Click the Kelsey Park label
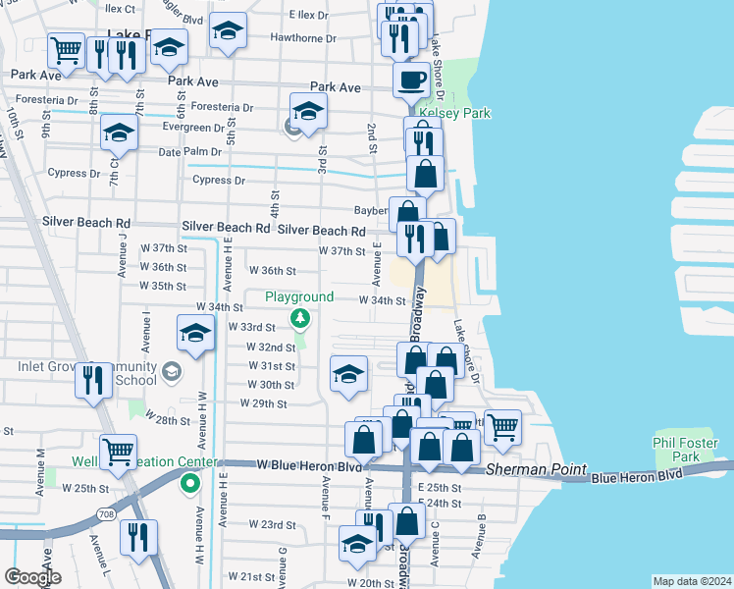coord(454,113)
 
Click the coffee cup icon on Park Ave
coord(411,79)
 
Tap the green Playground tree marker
coord(300,317)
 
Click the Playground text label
coord(299,296)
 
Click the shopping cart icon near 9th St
coord(66,49)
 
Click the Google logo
coord(32,577)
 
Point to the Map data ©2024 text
coord(691,581)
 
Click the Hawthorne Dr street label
coord(303,39)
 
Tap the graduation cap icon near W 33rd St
coord(195,333)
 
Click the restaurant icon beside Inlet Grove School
coord(93,378)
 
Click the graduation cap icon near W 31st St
coord(348,373)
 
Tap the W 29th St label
coord(263,403)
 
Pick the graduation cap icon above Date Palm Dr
coord(119,132)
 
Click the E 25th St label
coord(439,487)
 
